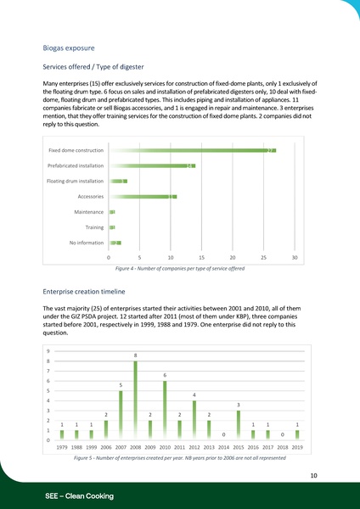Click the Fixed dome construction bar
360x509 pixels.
[x=192, y=150]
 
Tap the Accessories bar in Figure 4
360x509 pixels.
[x=143, y=196]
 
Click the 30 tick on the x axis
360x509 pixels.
[x=295, y=257]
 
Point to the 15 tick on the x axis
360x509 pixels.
[x=201, y=257]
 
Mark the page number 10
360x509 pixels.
[x=313, y=476]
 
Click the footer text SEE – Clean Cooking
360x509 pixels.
[x=79, y=495]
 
